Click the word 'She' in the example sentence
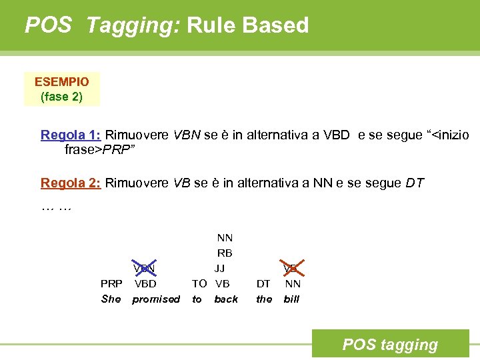point(111,299)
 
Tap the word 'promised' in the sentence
point(156,299)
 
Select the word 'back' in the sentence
point(226,299)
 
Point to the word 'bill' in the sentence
point(291,299)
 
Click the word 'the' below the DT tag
point(264,299)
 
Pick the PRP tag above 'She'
point(111,283)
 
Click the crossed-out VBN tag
point(145,269)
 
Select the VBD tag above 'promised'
point(145,283)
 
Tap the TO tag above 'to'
point(199,283)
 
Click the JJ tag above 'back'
point(219,269)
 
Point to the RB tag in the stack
point(225,253)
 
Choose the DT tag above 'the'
point(263,283)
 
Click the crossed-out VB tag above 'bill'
point(291,269)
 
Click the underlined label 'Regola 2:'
point(71,183)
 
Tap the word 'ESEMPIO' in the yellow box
point(61,82)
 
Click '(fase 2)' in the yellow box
point(61,97)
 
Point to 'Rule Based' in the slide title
point(248,25)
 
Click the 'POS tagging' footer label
point(390,345)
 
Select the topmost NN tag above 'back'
point(225,238)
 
